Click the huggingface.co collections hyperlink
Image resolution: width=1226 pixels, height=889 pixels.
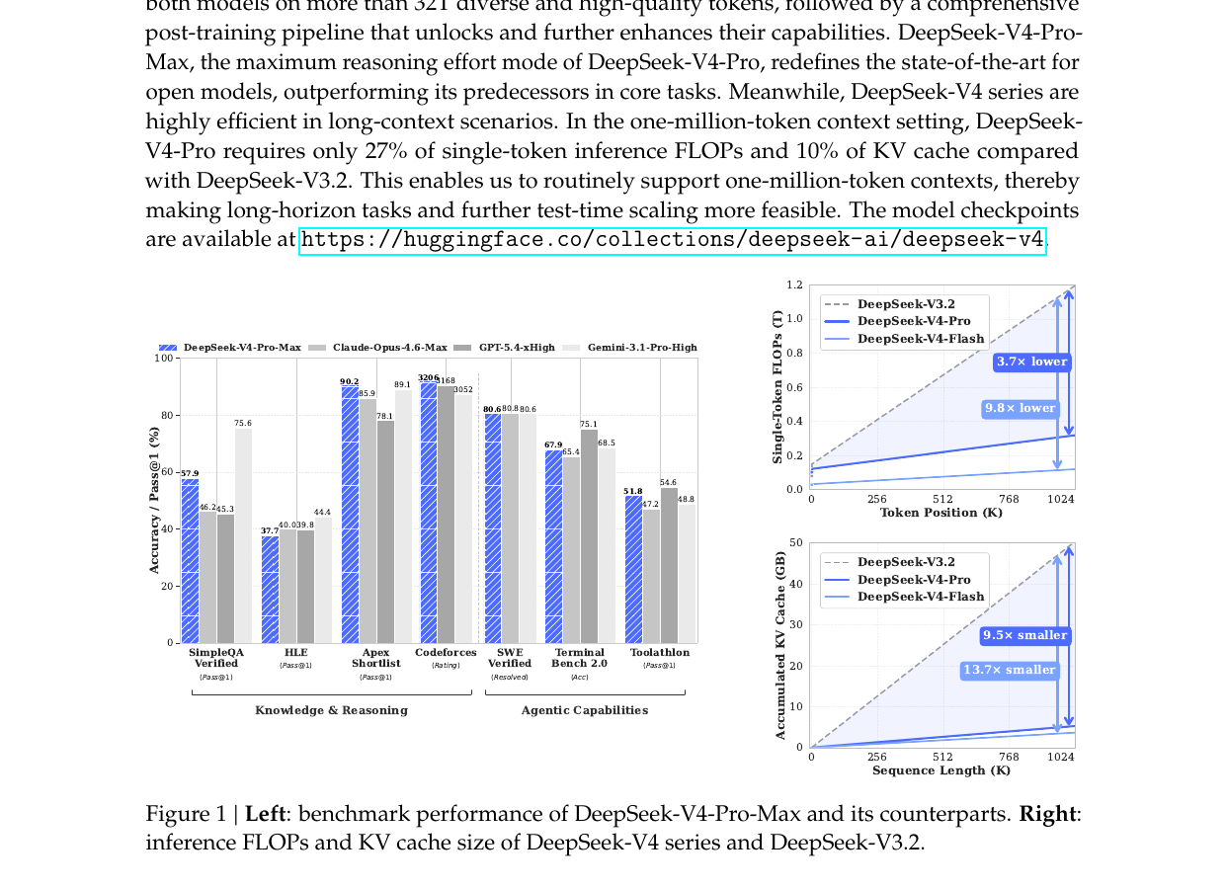672,240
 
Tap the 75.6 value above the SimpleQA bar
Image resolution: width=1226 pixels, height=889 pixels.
243,423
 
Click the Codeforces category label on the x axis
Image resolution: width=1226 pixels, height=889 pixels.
446,653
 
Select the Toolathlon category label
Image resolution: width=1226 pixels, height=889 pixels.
660,653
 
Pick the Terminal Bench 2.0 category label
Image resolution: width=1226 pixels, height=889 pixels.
579,658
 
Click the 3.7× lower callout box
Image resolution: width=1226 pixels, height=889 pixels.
1031,362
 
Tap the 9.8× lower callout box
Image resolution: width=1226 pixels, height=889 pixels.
1020,408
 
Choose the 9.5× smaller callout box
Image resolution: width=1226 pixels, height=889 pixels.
1025,635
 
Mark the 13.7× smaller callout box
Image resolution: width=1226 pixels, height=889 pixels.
1010,670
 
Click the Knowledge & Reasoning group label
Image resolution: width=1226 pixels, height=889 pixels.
331,710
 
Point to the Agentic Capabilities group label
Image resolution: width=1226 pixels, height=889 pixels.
585,710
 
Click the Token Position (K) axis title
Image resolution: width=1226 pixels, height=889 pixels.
940,513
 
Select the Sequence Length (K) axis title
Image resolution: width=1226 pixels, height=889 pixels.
940,770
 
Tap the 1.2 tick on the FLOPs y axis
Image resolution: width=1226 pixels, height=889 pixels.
794,285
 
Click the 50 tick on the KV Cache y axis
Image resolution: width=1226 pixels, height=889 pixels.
796,543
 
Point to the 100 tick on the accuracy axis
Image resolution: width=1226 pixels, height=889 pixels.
163,358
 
